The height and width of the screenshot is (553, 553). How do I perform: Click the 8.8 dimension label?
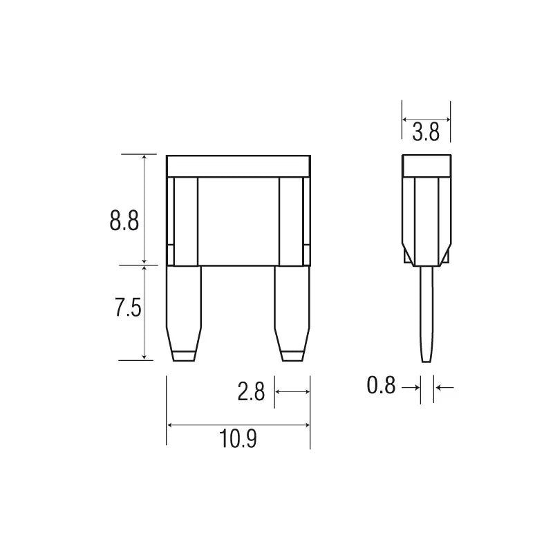pos(124,221)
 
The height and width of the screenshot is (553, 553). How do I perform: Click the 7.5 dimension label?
pos(128,308)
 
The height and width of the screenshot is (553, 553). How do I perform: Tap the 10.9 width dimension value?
pos(238,439)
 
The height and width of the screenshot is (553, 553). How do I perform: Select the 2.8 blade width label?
pos(251,391)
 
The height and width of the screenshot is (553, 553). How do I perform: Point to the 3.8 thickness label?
pos(426,132)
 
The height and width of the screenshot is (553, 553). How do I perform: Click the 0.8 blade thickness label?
pos(381,385)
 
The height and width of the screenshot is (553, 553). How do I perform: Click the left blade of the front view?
pos(183,314)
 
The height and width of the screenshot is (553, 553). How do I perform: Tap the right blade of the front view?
pos(292,314)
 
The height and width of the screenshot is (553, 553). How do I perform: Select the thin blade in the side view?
pos(427,314)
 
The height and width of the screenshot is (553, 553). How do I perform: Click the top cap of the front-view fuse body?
pos(238,166)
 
